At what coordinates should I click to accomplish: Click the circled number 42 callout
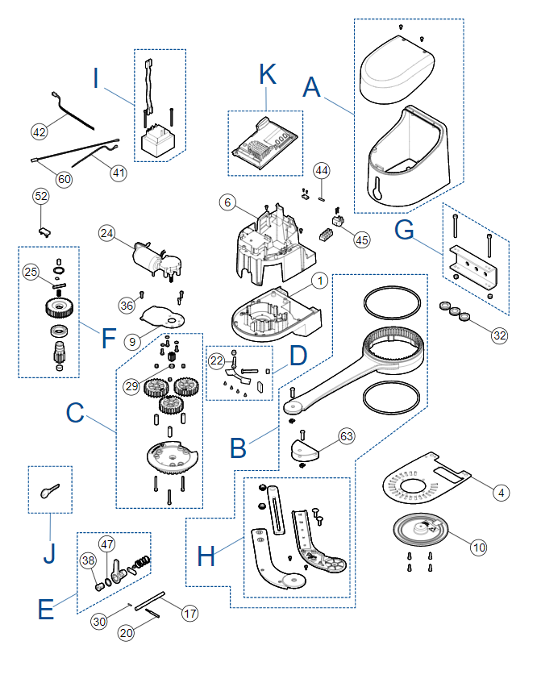[40, 131]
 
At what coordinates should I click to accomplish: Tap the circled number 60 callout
[64, 179]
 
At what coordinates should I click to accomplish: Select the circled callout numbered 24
[106, 234]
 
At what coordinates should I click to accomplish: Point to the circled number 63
[346, 436]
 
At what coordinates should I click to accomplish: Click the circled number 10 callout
[479, 547]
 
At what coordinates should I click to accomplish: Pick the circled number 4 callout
[501, 493]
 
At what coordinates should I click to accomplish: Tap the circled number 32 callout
[500, 335]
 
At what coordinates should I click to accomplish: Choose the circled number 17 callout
[189, 614]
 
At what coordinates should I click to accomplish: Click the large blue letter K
[268, 74]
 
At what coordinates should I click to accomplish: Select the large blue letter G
[404, 230]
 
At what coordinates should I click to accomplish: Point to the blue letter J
[49, 553]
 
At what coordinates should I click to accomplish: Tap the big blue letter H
[206, 556]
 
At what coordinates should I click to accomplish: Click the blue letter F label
[109, 339]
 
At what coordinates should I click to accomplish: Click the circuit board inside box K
[264, 143]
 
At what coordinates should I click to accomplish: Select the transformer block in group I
[158, 140]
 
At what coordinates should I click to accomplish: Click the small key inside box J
[50, 490]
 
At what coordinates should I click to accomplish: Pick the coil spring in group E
[142, 562]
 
